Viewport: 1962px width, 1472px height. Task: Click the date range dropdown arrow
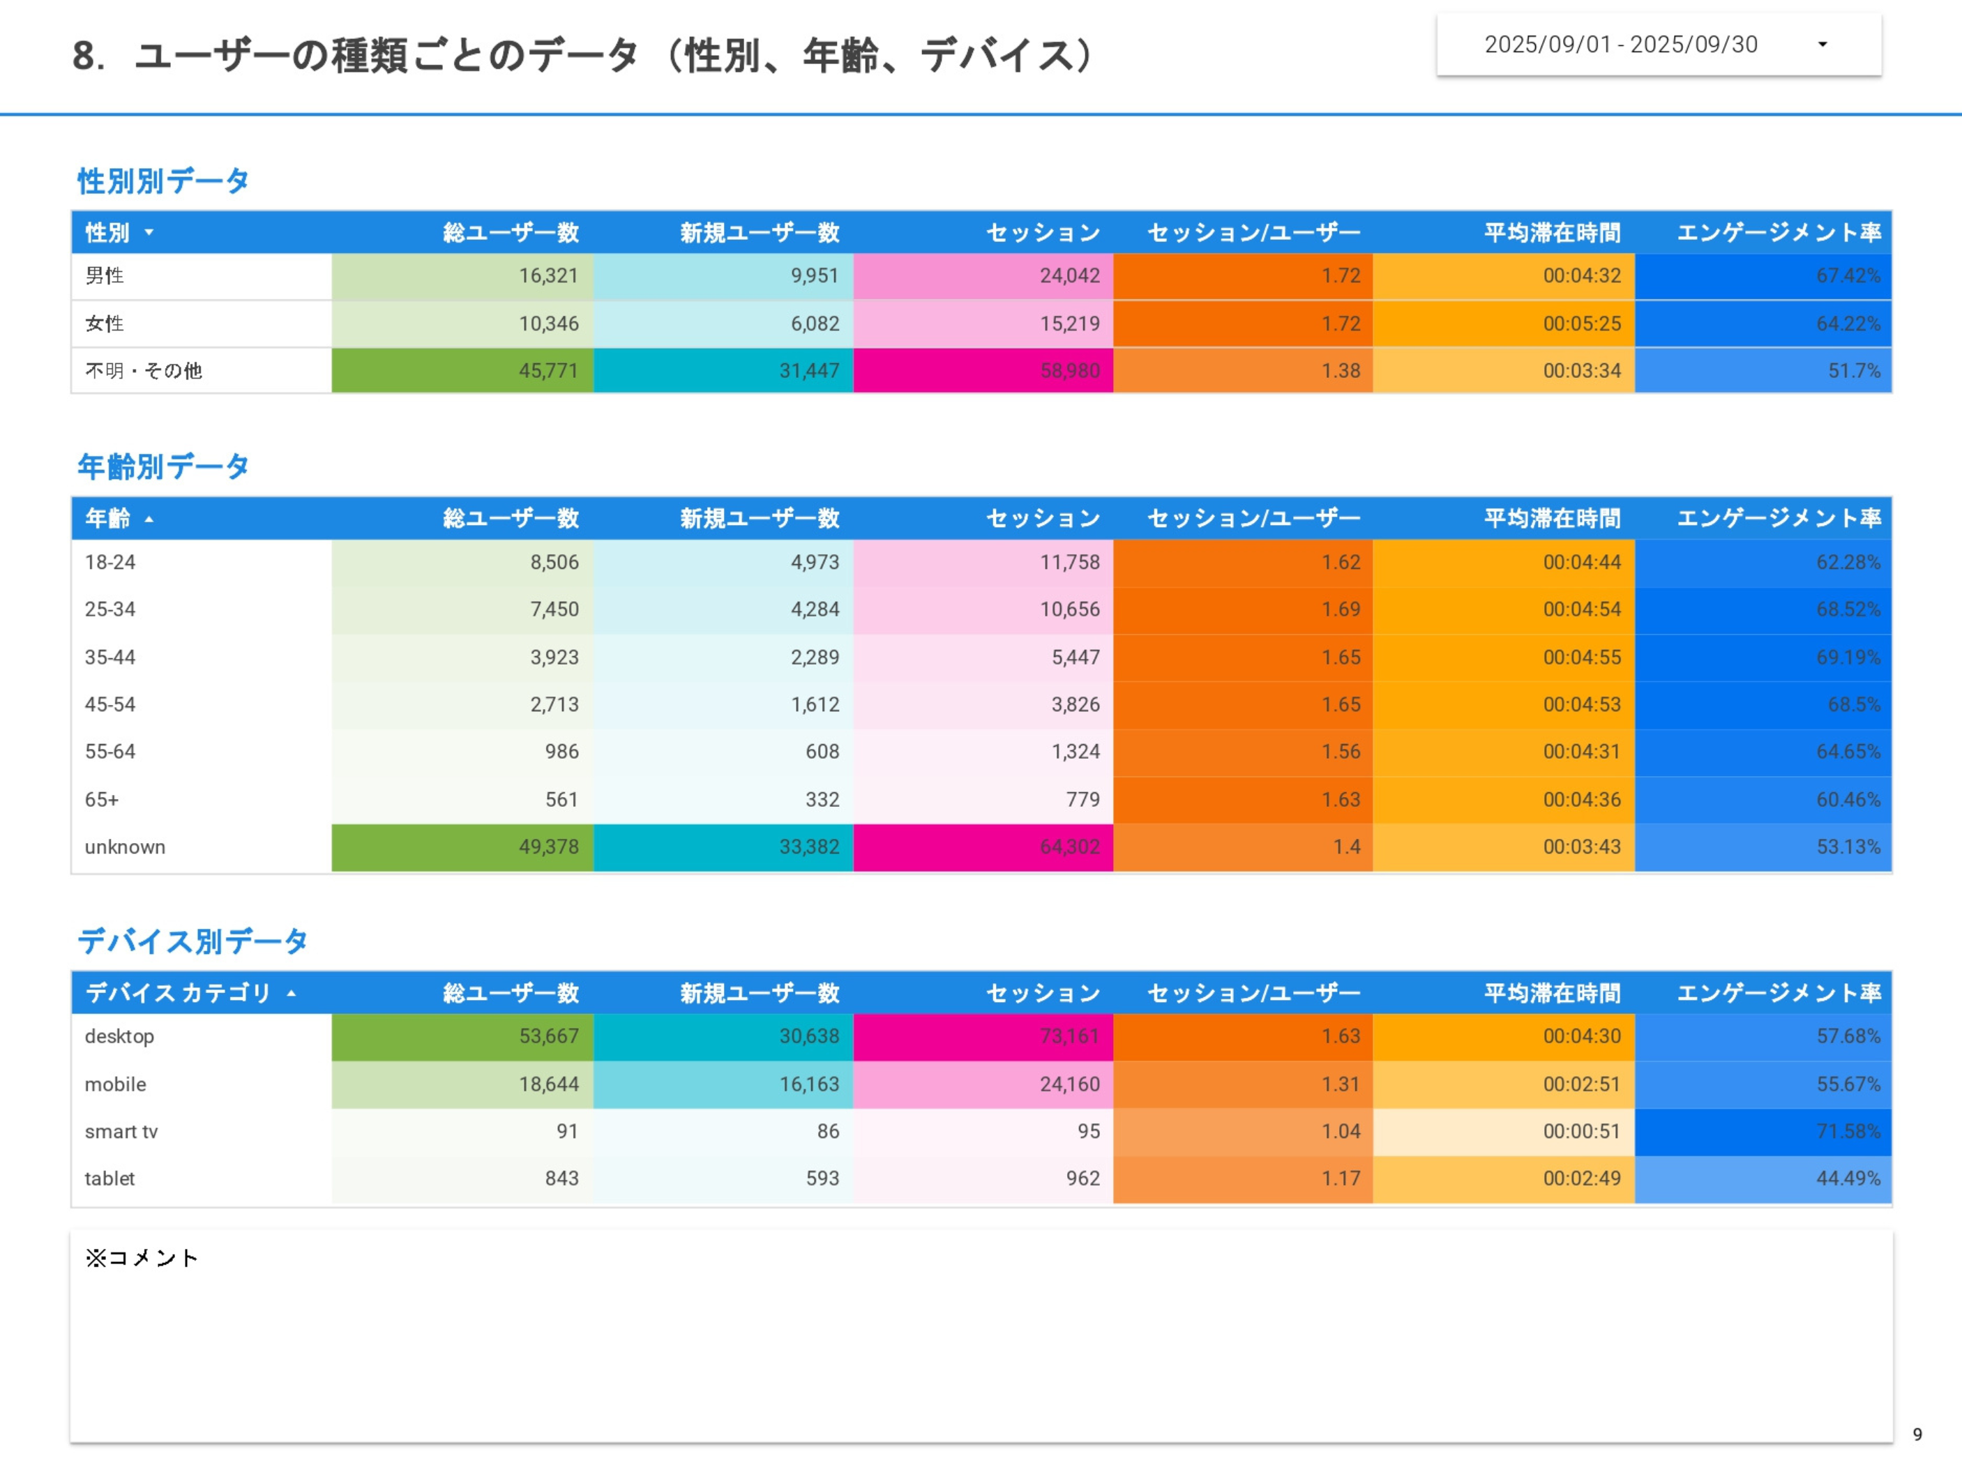[x=1822, y=45]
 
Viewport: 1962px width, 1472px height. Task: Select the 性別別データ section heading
[x=163, y=181]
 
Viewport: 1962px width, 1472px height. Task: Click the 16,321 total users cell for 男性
[x=548, y=275]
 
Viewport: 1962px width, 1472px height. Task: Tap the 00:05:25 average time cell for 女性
[x=1580, y=324]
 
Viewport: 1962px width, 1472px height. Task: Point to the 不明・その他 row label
[x=143, y=371]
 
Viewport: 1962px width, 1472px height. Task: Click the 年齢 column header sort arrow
[x=149, y=519]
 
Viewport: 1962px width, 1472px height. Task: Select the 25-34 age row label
[x=110, y=609]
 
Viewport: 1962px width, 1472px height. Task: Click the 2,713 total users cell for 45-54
[x=554, y=704]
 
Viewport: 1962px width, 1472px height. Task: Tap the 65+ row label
[x=101, y=799]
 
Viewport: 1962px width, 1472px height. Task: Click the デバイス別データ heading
[x=192, y=941]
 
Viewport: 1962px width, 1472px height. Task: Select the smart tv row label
[x=121, y=1132]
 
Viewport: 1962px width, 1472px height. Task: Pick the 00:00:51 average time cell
[x=1580, y=1132]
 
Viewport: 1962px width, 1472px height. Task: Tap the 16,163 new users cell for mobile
[x=808, y=1084]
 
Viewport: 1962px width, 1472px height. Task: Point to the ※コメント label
[x=141, y=1257]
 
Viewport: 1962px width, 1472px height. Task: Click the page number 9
[x=1917, y=1434]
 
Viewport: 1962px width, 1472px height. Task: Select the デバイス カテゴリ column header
[x=177, y=993]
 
